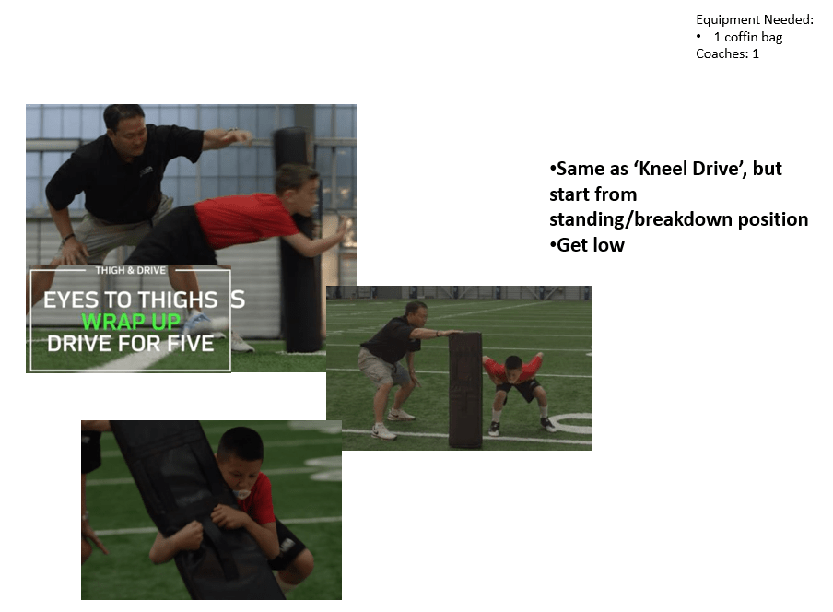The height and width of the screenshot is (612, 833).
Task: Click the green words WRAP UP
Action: pyautogui.click(x=131, y=322)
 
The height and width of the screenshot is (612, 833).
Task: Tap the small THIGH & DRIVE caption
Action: pyautogui.click(x=130, y=270)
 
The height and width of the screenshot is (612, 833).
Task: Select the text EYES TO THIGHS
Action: pyautogui.click(x=131, y=300)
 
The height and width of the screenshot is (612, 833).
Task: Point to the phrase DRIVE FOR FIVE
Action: pyautogui.click(x=131, y=344)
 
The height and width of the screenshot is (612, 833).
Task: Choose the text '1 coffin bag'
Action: pyautogui.click(x=748, y=37)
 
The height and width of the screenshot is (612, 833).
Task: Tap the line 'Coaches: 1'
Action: pyautogui.click(x=727, y=53)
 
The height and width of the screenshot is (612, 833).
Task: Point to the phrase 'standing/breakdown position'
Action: pyautogui.click(x=678, y=219)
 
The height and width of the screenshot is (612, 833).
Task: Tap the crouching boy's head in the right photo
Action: pyautogui.click(x=513, y=368)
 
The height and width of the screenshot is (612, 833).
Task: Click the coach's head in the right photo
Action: pyautogui.click(x=416, y=313)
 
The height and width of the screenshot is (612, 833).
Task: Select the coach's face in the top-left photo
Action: pyautogui.click(x=130, y=135)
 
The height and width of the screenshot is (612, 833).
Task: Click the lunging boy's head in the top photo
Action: pyautogui.click(x=298, y=189)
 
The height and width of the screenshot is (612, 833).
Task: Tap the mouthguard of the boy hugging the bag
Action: pyautogui.click(x=241, y=493)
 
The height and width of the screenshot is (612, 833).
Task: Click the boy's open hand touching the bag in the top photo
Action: pyautogui.click(x=343, y=229)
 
